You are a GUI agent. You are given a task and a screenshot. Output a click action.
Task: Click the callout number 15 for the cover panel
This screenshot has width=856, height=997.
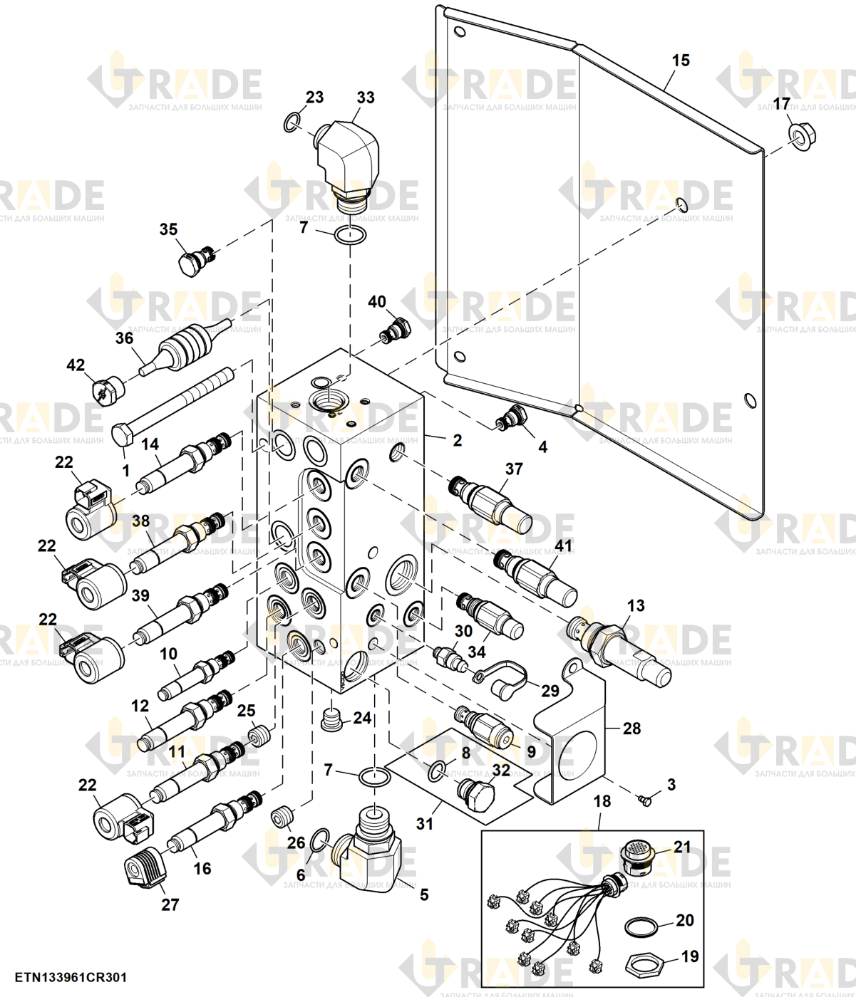(x=681, y=61)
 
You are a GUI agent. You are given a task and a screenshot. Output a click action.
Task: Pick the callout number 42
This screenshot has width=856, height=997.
(x=76, y=365)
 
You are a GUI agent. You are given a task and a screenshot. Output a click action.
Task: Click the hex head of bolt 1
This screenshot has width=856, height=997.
(x=123, y=434)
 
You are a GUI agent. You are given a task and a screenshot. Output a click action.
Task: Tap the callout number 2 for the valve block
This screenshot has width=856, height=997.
(x=457, y=440)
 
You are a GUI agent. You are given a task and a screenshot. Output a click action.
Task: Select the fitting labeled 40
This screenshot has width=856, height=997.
(x=396, y=330)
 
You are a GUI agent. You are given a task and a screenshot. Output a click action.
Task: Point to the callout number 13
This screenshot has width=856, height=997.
(x=636, y=605)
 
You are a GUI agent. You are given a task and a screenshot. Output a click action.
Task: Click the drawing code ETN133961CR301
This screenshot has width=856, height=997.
(x=71, y=977)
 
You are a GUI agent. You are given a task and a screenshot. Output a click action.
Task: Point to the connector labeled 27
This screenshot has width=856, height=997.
(x=145, y=867)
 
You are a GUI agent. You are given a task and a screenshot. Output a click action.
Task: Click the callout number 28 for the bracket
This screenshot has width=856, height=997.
(x=631, y=729)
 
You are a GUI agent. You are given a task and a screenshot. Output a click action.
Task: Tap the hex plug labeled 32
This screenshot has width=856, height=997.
(x=475, y=791)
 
